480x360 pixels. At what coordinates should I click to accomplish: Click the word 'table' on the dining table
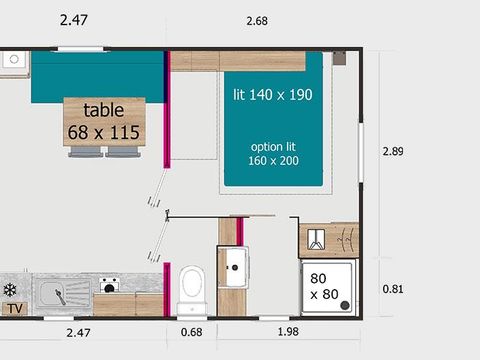pyautogui.click(x=104, y=110)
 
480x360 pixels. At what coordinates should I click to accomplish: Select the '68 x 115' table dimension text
pyautogui.click(x=104, y=131)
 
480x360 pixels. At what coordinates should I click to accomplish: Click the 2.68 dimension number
pyautogui.click(x=257, y=20)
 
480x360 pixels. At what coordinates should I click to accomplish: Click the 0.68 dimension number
pyautogui.click(x=191, y=332)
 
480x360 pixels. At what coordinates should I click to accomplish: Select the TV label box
pyautogui.click(x=14, y=309)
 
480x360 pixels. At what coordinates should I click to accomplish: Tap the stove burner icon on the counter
pyautogui.click(x=108, y=285)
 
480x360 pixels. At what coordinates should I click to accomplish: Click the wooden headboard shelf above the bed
pyautogui.click(x=237, y=61)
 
